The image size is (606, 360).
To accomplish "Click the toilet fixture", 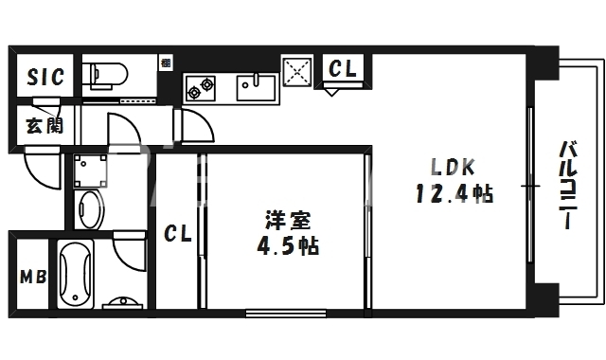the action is pos(103,73).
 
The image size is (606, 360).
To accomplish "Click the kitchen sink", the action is pos(255,87).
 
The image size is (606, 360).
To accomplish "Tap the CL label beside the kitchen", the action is pos(342,68).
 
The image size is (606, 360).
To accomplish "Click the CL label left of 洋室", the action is pos(177,233).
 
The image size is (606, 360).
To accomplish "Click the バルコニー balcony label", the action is pos(568,186).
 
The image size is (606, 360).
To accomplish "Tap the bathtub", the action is pos(78,274).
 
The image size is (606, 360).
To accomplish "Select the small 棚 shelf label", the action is pos(166,63).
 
